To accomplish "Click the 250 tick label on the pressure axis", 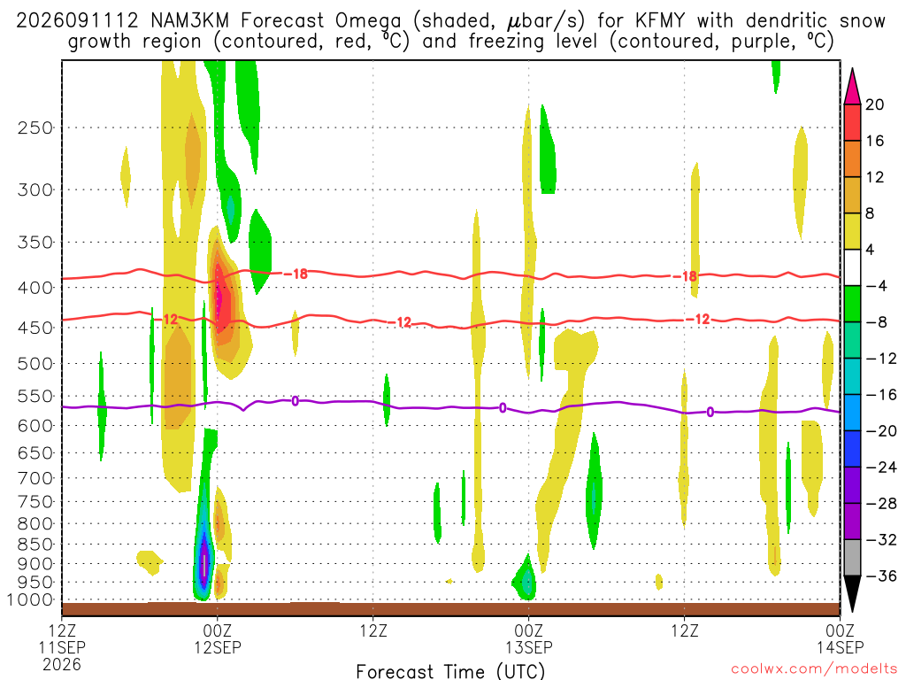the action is (35, 127).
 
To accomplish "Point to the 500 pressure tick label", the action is (35, 364).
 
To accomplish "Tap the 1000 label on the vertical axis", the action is (31, 600).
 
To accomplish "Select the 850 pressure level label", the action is (35, 545).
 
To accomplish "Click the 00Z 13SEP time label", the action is (529, 638).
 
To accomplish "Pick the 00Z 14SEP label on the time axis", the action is (840, 638).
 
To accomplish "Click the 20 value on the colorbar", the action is (875, 104).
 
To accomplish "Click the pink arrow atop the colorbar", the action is (852, 87).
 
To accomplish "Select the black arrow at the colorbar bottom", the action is (852, 594).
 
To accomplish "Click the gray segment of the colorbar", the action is (852, 558).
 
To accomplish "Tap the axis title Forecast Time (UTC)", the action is (450, 671).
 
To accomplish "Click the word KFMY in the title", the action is (660, 21).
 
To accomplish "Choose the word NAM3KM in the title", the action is (189, 21).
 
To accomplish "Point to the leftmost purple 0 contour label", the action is (296, 401).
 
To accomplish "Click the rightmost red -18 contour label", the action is (686, 276).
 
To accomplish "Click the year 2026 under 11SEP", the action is (62, 664).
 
